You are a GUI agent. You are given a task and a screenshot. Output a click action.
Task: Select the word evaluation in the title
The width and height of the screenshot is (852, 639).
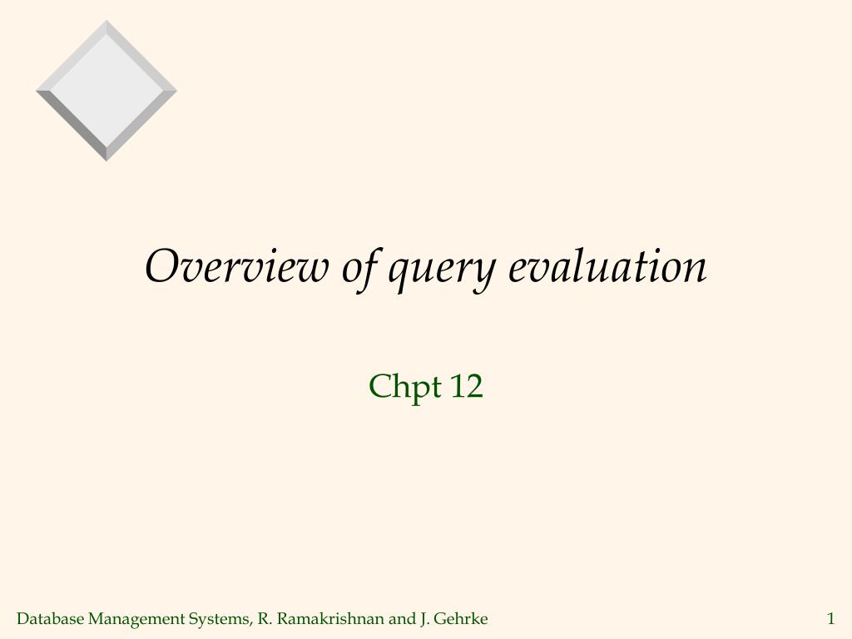point(607,267)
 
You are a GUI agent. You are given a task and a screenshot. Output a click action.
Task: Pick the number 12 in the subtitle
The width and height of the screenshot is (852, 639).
point(466,386)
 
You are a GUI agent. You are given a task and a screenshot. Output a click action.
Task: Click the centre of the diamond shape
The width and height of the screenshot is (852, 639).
point(106,90)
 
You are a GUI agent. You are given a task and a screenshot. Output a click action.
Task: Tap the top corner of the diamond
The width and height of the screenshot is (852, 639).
point(106,22)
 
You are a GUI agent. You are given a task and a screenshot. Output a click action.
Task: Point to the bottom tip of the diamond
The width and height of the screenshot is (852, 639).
point(106,159)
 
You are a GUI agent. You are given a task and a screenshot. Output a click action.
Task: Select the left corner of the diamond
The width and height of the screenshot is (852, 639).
point(38,91)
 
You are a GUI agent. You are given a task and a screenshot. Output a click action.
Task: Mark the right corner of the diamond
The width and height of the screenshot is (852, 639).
point(175,91)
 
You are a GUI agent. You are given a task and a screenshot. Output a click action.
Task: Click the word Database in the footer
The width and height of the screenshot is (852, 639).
point(51,618)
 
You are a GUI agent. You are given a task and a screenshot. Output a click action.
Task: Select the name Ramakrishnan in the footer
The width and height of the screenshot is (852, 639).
point(331,618)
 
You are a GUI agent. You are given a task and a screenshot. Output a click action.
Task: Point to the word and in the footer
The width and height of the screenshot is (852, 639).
point(401,618)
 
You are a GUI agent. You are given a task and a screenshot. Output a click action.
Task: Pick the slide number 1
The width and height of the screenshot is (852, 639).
point(830,618)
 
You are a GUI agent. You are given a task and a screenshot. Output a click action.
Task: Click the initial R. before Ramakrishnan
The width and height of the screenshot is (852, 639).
point(265,618)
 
